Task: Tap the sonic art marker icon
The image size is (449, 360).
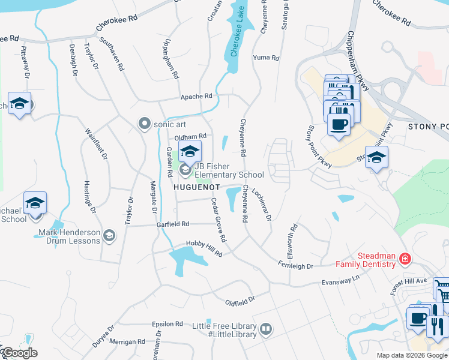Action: (x=144, y=124)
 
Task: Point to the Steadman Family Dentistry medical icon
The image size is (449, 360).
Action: (x=406, y=259)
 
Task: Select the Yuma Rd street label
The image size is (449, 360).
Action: (x=267, y=58)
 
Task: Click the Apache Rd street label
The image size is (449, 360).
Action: (x=197, y=96)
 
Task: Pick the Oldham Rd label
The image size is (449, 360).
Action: (x=190, y=137)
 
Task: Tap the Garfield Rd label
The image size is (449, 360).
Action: (x=173, y=224)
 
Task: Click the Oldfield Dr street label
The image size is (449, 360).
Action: (x=240, y=298)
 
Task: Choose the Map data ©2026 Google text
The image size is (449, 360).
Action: (x=412, y=355)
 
